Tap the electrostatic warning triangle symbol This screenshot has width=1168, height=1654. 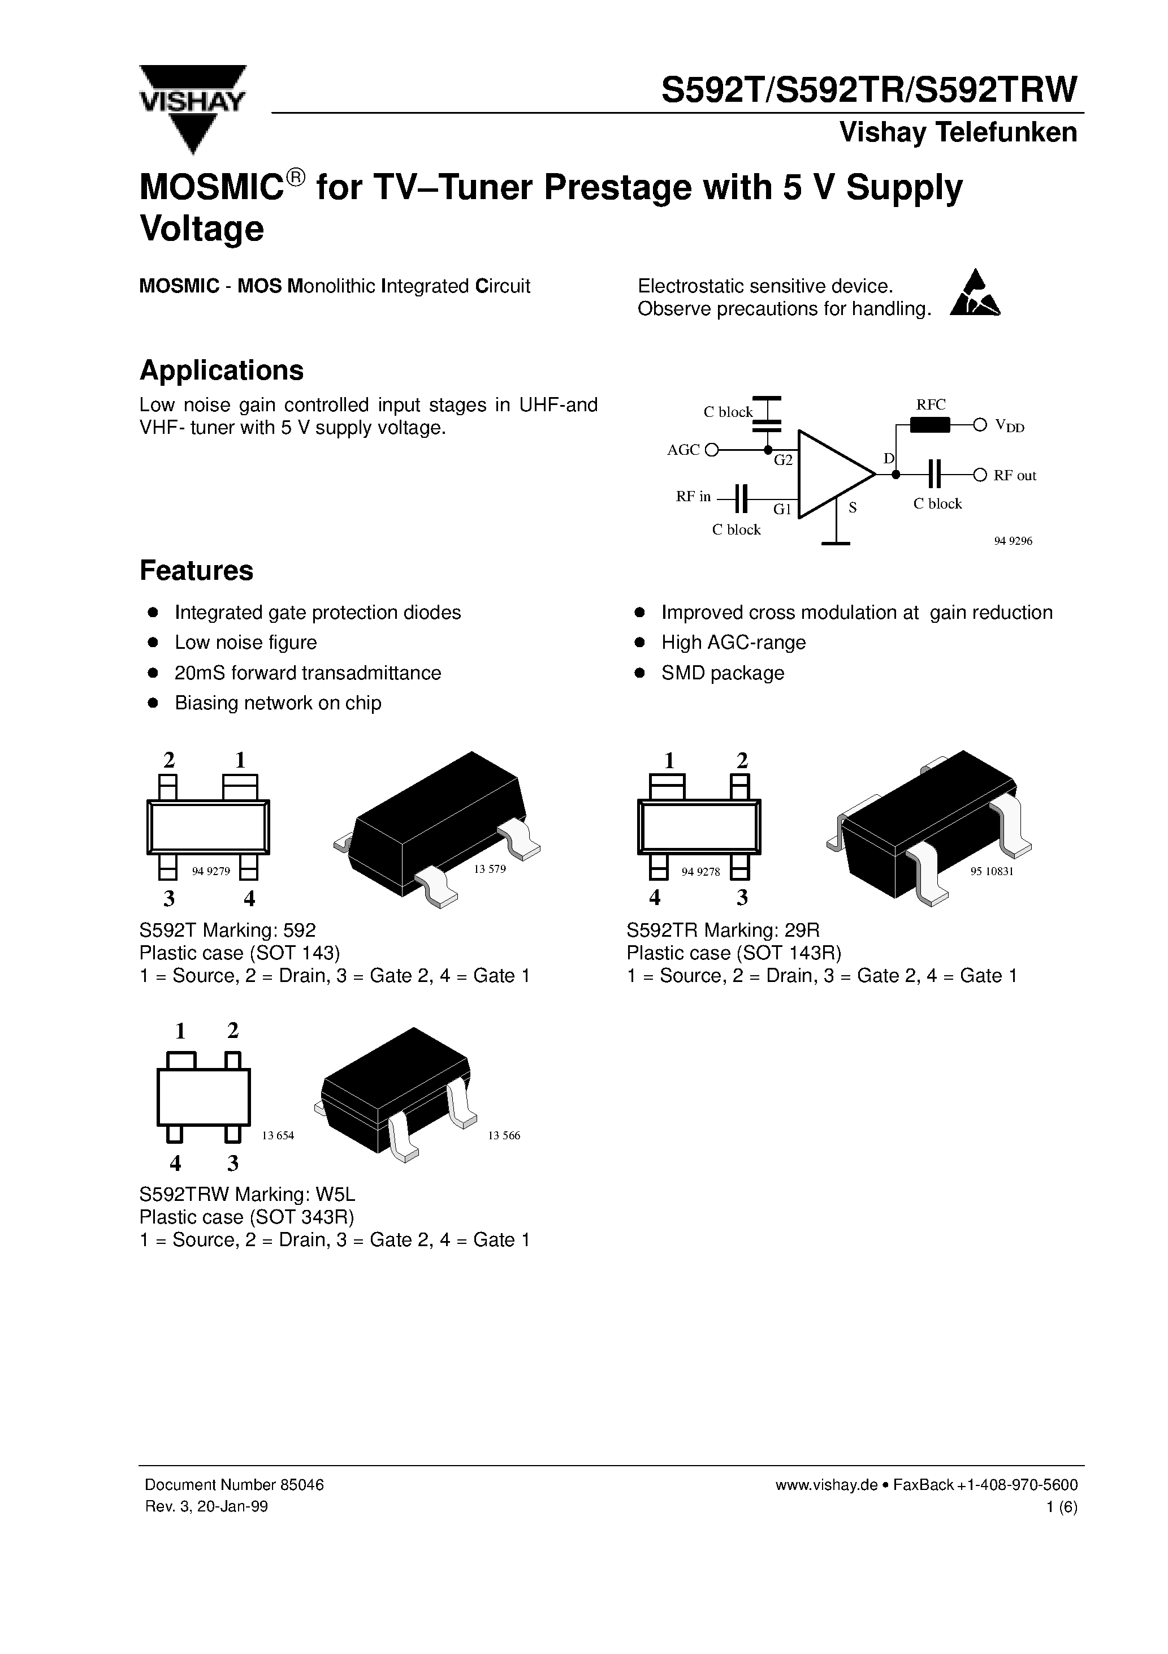[975, 295]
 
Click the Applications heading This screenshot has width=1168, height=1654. [221, 371]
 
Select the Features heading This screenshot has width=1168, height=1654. [196, 571]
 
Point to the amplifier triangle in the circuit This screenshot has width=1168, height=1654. [831, 474]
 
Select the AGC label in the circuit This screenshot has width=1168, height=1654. [683, 450]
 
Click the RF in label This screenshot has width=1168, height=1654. [693, 496]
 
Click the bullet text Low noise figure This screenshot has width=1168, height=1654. [245, 643]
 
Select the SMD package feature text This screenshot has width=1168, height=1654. [723, 673]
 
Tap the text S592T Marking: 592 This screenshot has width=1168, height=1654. [228, 929]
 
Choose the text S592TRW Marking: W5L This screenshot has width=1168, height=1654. [247, 1194]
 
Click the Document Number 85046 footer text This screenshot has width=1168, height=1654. [234, 1485]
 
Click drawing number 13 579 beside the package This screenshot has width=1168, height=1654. [490, 869]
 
